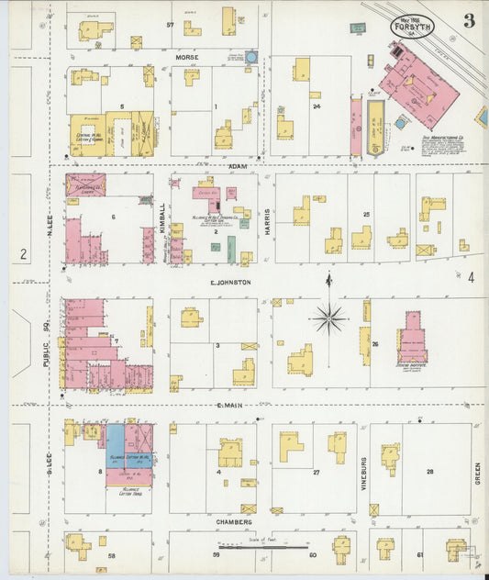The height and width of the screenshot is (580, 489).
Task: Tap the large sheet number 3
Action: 468,22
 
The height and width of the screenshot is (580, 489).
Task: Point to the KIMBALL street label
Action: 162,217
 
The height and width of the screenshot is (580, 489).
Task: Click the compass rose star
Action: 328,319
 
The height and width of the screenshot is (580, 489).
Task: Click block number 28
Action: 428,471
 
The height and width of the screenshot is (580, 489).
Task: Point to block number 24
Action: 316,106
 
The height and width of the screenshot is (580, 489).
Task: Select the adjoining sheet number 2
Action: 21,254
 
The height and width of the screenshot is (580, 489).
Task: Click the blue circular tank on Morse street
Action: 250,58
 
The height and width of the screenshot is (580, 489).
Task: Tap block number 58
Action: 112,556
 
